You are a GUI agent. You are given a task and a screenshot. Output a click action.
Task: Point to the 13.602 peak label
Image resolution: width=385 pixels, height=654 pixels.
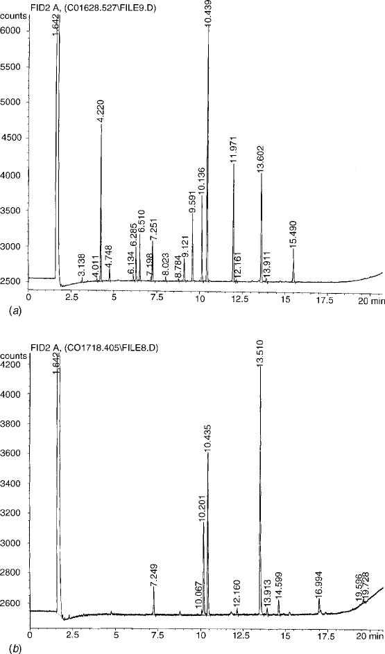[x=261, y=159]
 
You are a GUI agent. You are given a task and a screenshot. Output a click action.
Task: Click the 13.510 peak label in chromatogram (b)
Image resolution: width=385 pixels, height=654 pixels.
[x=260, y=354]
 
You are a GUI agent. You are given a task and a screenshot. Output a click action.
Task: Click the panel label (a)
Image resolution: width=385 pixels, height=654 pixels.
[x=6, y=310]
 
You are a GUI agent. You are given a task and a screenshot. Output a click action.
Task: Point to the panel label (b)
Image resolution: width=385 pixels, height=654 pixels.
[x=6, y=648]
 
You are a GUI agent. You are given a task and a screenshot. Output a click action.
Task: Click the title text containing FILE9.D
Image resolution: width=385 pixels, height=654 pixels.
[x=93, y=8]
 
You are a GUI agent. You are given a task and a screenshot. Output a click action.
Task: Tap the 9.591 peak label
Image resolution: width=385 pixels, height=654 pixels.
[x=192, y=201]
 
